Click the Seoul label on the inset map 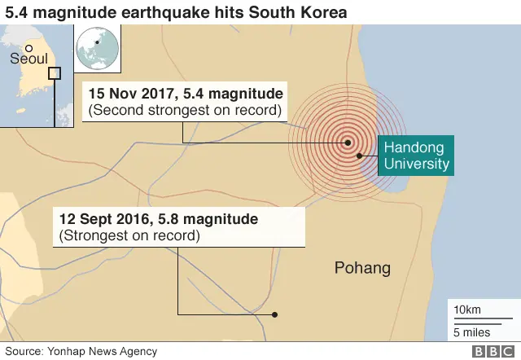point(29,59)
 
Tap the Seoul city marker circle point(28,46)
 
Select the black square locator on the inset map point(55,73)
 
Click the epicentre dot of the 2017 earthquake point(348,143)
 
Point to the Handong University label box point(416,156)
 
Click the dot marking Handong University point(358,155)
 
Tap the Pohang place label point(363,268)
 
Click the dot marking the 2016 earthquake point(275,314)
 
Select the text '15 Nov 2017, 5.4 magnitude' point(186,93)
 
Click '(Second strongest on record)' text point(185,110)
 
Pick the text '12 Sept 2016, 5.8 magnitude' point(159,219)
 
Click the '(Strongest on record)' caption point(129,236)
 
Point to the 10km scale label point(468,310)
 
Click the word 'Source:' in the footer point(24,351)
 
